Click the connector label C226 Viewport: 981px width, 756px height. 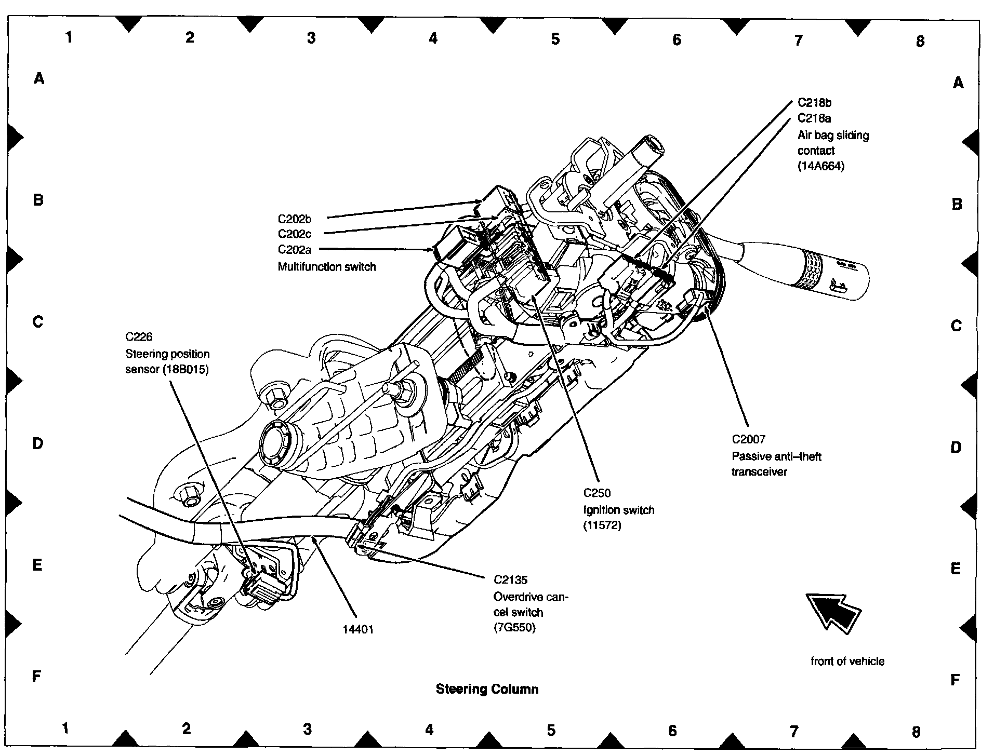point(139,337)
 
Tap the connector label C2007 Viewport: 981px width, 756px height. point(748,439)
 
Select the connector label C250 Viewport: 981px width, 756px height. point(596,493)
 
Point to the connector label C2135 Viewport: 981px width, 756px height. point(510,580)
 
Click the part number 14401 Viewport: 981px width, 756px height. point(358,629)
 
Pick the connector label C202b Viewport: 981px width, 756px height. point(295,219)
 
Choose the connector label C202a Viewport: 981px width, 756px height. point(295,250)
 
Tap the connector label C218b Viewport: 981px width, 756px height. point(814,103)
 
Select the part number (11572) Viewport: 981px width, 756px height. point(602,525)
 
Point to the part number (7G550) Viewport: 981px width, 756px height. point(514,627)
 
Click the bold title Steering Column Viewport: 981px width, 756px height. point(487,689)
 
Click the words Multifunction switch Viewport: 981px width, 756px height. point(326,267)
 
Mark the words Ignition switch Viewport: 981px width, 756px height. point(618,509)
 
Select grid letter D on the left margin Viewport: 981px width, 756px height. point(38,443)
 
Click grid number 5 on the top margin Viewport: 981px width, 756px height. point(555,39)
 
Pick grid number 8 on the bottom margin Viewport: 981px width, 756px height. point(916,732)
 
